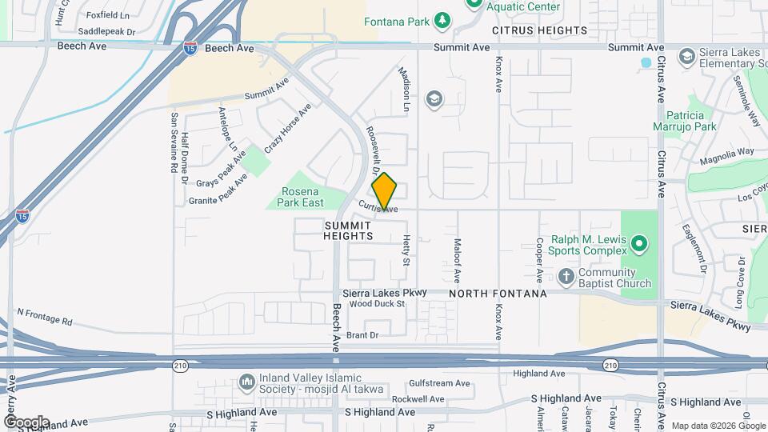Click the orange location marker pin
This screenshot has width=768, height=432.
click(x=384, y=191)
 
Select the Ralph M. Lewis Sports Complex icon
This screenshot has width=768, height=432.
click(x=638, y=242)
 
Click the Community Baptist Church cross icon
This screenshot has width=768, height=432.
click(x=566, y=277)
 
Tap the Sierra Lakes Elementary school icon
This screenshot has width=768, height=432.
click(x=686, y=56)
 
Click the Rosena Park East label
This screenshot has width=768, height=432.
click(x=300, y=197)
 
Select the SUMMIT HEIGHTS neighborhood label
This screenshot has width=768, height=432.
click(x=349, y=230)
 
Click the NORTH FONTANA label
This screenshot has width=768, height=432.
click(x=498, y=294)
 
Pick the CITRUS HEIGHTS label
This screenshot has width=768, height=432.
click(x=539, y=30)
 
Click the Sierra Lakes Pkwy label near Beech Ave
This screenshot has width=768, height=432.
click(x=384, y=293)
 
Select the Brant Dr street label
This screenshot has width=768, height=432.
click(x=362, y=335)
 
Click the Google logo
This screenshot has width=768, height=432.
click(x=26, y=422)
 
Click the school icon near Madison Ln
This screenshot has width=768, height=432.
click(x=434, y=98)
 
